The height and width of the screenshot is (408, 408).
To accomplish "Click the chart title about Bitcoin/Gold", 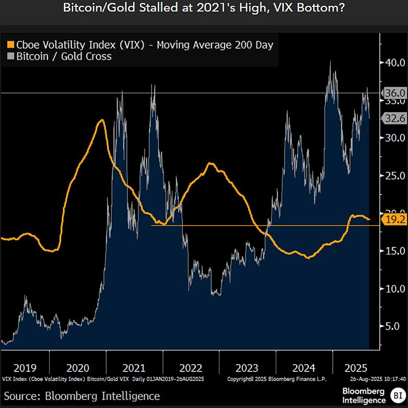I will (x=204, y=9).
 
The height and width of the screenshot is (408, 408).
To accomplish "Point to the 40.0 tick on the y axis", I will (x=394, y=62).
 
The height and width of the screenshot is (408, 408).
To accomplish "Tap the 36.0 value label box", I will (x=394, y=93).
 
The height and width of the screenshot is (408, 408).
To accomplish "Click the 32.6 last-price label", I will (x=394, y=118).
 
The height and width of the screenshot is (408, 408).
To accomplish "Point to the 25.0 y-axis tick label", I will (x=394, y=175).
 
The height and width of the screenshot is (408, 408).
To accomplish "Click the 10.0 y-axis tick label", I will (x=394, y=288).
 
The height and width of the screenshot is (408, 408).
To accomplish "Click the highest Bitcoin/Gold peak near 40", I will (x=330, y=62).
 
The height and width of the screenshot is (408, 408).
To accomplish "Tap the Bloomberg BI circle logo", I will (x=398, y=395).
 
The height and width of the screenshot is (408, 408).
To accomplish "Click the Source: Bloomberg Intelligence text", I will (x=82, y=395).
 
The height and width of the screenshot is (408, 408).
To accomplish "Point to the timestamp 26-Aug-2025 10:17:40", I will (x=375, y=378).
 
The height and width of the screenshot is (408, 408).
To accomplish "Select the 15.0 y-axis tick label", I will (x=394, y=251).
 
